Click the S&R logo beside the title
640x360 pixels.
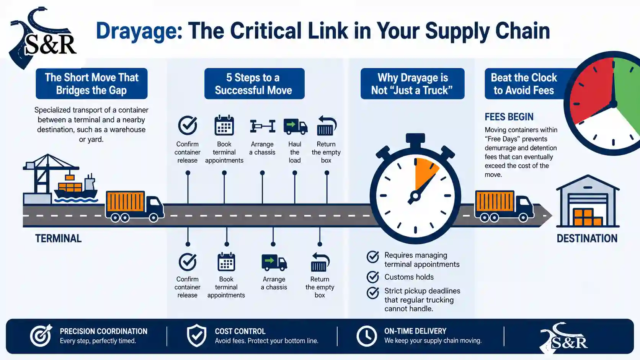click(43, 39)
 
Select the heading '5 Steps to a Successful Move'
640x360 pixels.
click(254, 84)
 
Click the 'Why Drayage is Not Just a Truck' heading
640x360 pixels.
click(412, 84)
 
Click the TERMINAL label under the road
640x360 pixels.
click(58, 238)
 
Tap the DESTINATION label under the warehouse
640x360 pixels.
click(587, 238)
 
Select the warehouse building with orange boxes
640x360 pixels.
click(588, 201)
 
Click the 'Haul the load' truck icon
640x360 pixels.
click(296, 127)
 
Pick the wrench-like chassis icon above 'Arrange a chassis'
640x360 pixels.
click(263, 126)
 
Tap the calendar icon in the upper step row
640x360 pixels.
click(224, 125)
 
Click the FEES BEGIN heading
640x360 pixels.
click(509, 117)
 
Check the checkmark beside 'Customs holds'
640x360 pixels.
click(373, 277)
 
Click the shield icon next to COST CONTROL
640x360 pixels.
click(197, 336)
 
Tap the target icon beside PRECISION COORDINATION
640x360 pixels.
click(41, 335)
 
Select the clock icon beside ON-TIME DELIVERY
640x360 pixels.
click(367, 336)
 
